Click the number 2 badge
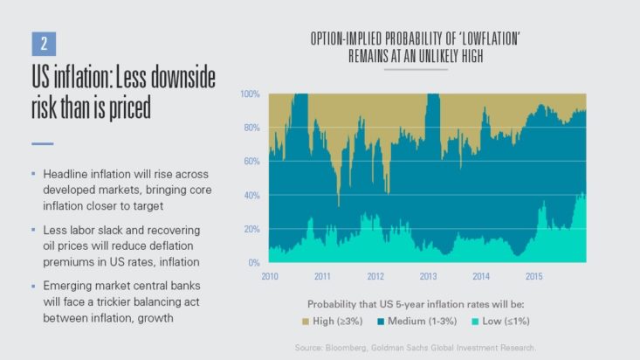[44, 43]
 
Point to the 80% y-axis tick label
[251, 128]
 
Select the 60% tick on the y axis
[251, 162]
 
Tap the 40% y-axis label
[251, 195]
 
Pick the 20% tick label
[251, 229]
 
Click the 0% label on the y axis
[253, 262]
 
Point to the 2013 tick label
[430, 276]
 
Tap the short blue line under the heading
[42, 142]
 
